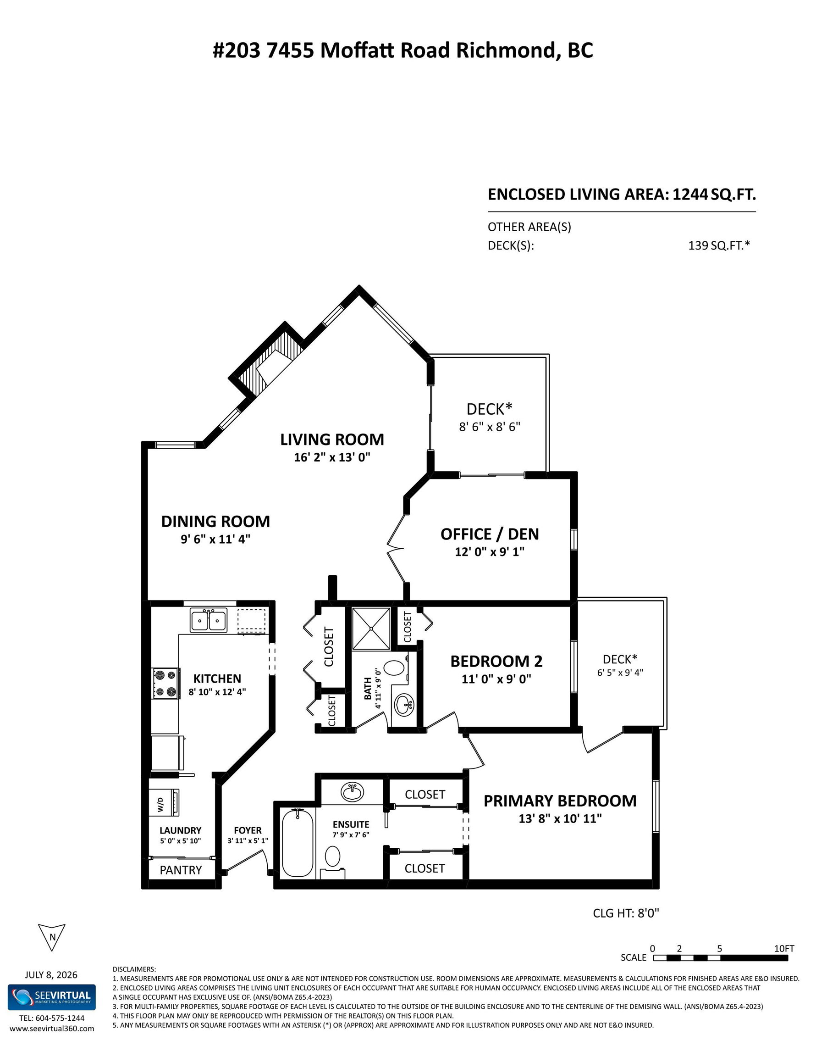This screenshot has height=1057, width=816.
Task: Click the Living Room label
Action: [x=332, y=439]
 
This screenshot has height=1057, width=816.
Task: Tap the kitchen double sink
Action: [x=209, y=620]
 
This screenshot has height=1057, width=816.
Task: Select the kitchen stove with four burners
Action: [x=165, y=683]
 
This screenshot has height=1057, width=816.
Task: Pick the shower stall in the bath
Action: [x=371, y=628]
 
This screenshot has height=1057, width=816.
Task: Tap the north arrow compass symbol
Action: [x=51, y=938]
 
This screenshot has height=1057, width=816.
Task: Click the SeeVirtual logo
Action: [x=52, y=997]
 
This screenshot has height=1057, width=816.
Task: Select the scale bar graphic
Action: [x=720, y=957]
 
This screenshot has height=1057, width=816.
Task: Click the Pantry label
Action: [x=181, y=870]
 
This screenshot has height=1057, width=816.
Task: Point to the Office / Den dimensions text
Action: [x=490, y=552]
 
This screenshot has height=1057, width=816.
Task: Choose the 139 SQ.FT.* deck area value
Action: [x=719, y=245]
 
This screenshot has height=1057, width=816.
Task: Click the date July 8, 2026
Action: [x=51, y=975]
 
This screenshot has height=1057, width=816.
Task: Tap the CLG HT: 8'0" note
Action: [x=626, y=913]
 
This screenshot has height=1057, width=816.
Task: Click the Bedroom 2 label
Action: [x=496, y=661]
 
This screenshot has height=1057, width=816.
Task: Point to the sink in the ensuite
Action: [x=353, y=793]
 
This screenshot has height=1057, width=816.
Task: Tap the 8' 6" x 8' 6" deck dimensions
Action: [x=490, y=427]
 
